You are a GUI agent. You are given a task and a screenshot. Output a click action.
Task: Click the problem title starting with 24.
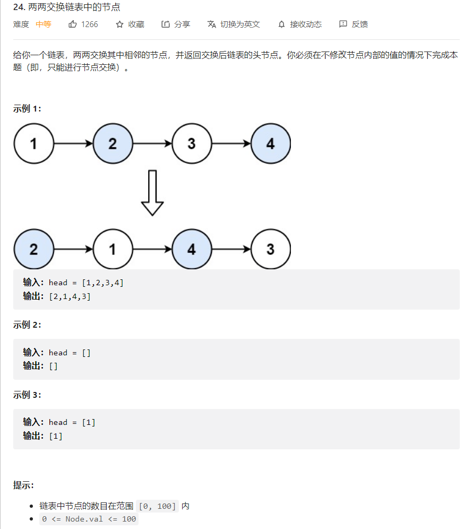pos(66,7)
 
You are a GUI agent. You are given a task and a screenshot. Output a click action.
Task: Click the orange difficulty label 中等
pos(43,24)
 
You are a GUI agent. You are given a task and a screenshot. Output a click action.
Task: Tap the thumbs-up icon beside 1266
pos(73,24)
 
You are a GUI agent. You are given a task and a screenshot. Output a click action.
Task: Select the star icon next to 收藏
pos(119,24)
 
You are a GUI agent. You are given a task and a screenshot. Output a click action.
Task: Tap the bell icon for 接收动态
pos(281,24)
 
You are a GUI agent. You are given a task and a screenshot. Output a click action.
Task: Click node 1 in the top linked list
pos(34,143)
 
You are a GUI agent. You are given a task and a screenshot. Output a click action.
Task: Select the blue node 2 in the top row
pos(113,143)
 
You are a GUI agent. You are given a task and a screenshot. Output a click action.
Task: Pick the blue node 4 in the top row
pos(270,143)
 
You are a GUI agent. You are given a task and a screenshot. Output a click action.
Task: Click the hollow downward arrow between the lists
pos(152,193)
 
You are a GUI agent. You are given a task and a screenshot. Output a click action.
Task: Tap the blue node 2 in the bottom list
pos(34,249)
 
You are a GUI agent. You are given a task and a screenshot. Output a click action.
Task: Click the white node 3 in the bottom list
pos(270,249)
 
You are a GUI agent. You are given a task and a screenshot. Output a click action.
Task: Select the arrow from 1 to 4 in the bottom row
pos(152,249)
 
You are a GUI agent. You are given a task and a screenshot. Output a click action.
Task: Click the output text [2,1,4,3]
pos(70,297)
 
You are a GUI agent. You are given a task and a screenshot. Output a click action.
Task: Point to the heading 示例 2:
pos(27,325)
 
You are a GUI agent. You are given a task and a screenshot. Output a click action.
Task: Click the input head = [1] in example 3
pos(72,422)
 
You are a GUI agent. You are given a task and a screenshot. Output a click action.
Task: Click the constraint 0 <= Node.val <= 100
pos(89,519)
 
